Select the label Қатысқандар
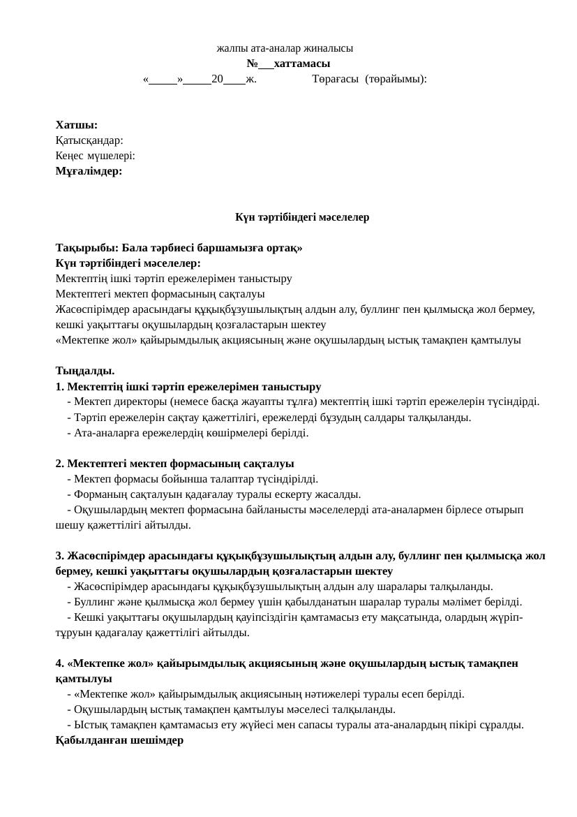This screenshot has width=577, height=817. tap(89, 140)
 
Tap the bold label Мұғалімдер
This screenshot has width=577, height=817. tap(89, 171)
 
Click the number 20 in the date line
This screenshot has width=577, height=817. tap(217, 80)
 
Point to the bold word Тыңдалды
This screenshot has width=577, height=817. tap(85, 371)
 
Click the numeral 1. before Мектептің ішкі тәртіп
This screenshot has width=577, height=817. tap(60, 386)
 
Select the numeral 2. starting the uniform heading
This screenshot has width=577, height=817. tap(60, 464)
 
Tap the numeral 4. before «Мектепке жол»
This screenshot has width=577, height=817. tap(60, 663)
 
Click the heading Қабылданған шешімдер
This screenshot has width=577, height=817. tap(119, 740)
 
